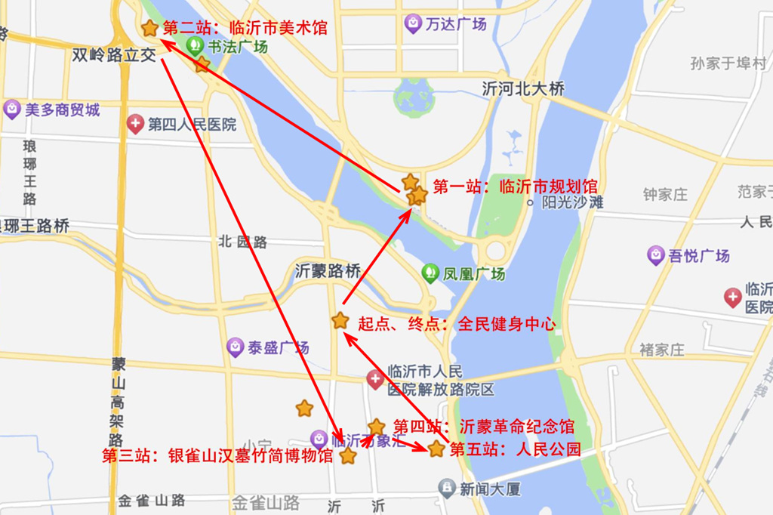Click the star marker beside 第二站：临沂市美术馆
coord(150,29)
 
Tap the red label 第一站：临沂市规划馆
coord(515,187)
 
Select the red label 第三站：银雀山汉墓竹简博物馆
coord(217,456)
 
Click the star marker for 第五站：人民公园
coord(436,449)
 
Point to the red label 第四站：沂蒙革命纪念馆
coord(484,427)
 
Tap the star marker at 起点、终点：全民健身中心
coord(340,321)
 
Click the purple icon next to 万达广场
coord(413,23)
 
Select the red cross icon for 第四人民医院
coord(135,124)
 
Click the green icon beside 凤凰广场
coord(430,273)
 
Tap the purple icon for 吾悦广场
coord(656,255)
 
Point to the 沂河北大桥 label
coord(523,89)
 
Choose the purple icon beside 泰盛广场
coord(236,347)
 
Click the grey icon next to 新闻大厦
coord(447,489)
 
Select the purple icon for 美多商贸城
coord(12,109)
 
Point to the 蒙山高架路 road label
coord(117,400)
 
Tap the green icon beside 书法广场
coord(196,46)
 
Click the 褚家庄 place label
coord(661,350)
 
